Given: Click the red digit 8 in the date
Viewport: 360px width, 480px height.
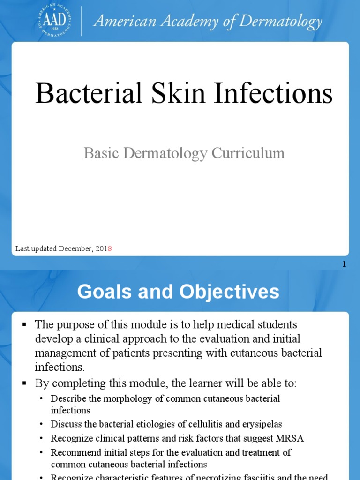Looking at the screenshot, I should [x=110, y=248].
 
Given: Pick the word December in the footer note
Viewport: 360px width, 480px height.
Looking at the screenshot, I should [x=76, y=248].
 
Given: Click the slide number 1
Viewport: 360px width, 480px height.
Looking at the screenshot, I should [x=344, y=264].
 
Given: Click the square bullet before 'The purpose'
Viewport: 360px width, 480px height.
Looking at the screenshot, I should [x=25, y=324].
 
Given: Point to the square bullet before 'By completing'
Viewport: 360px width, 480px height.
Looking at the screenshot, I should [x=25, y=383].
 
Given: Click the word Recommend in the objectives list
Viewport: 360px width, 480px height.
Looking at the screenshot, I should [x=74, y=452].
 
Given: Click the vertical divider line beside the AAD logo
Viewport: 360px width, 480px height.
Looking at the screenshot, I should [x=82, y=21].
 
